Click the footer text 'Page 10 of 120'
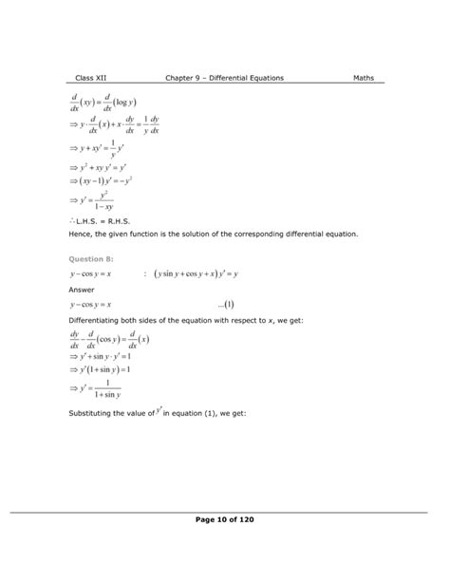tap(224, 520)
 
